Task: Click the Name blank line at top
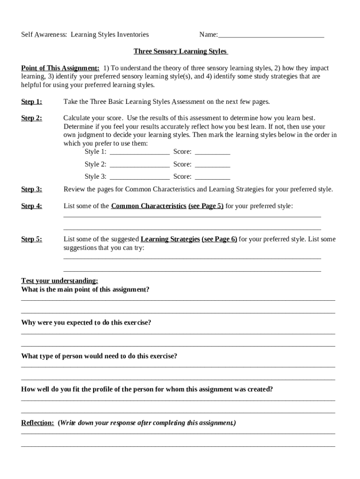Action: coord(271,36)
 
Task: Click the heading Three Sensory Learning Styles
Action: coord(180,51)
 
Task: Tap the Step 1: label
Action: coord(31,102)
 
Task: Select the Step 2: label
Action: coord(31,118)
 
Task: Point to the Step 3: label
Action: coord(31,189)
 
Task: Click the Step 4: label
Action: coord(31,206)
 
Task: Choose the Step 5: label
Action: coord(31,239)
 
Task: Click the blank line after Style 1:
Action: coord(139,152)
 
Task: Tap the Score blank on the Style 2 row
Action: coord(212,165)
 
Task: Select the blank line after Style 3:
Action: coord(139,177)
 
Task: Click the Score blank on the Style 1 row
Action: coord(212,152)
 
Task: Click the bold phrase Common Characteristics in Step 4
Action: coord(149,206)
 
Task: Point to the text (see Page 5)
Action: coord(206,206)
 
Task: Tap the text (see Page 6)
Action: coord(219,239)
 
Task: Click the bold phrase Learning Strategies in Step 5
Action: coord(170,239)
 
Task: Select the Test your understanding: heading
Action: coord(59,281)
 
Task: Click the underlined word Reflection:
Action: coord(37,423)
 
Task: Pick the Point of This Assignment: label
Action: coord(60,68)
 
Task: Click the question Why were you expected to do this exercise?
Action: coord(86,323)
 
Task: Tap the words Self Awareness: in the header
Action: coord(44,35)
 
